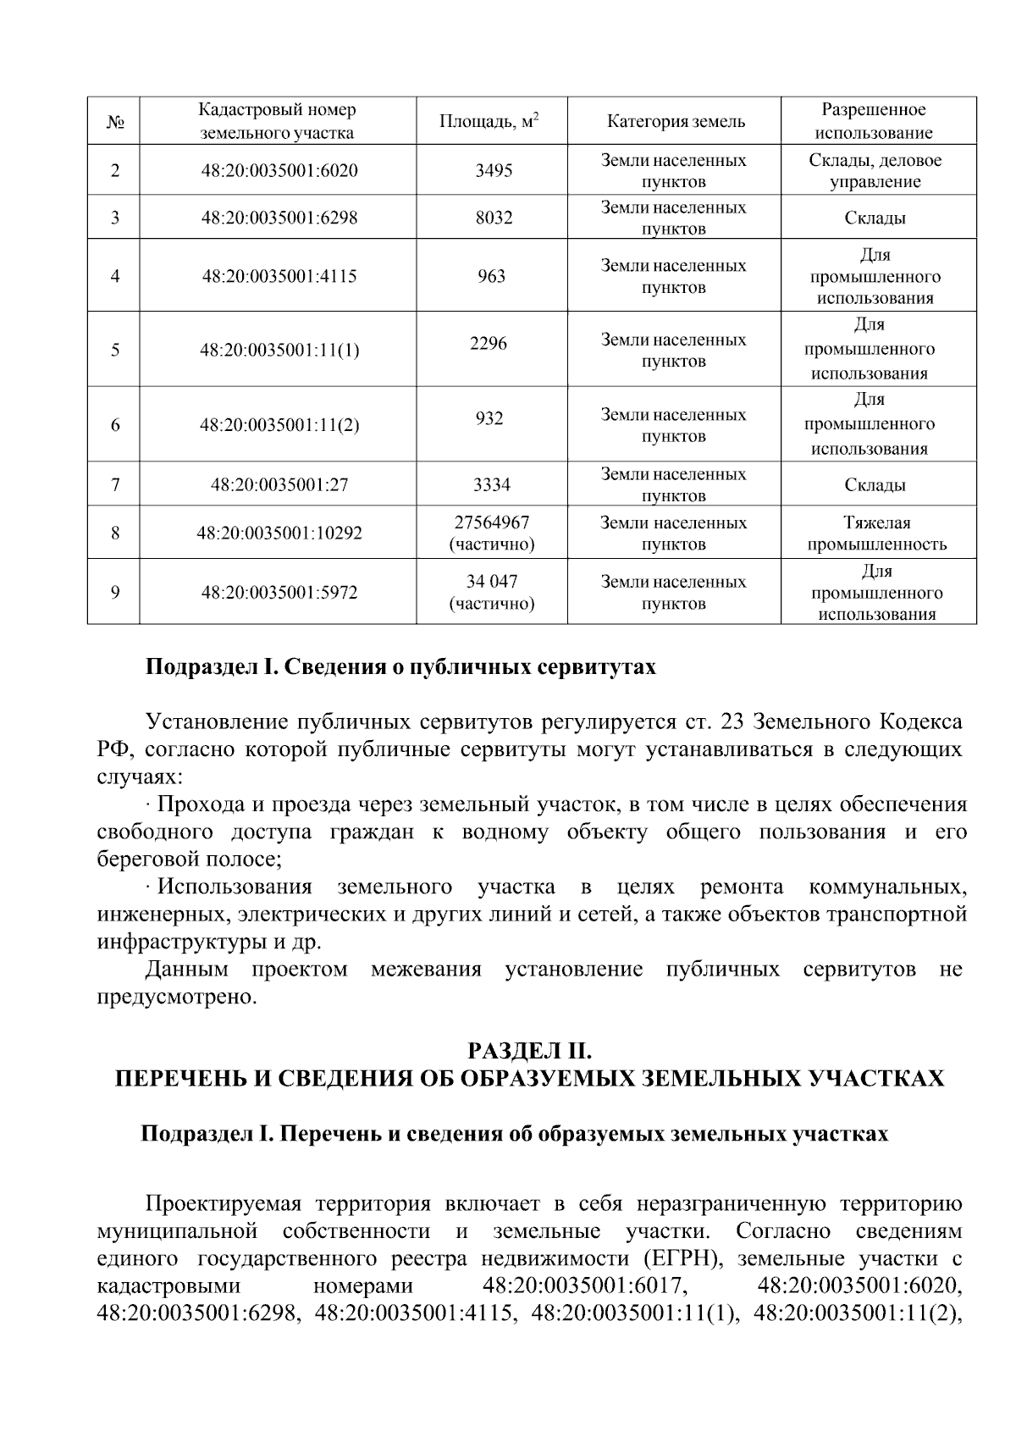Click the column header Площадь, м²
click(x=490, y=121)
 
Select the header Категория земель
click(x=676, y=121)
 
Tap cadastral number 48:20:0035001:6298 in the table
click(x=279, y=218)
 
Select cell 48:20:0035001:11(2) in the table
click(x=279, y=425)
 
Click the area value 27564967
click(x=491, y=522)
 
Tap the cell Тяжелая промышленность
click(x=876, y=533)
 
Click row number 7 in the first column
click(x=115, y=485)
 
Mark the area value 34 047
click(x=491, y=582)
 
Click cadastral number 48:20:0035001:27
click(x=279, y=485)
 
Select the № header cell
click(x=115, y=122)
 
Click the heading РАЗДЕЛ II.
click(x=529, y=1051)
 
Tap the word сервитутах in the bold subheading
click(x=597, y=667)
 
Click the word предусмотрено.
click(x=176, y=997)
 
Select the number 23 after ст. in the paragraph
click(x=730, y=721)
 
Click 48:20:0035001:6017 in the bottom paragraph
click(x=583, y=1285)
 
